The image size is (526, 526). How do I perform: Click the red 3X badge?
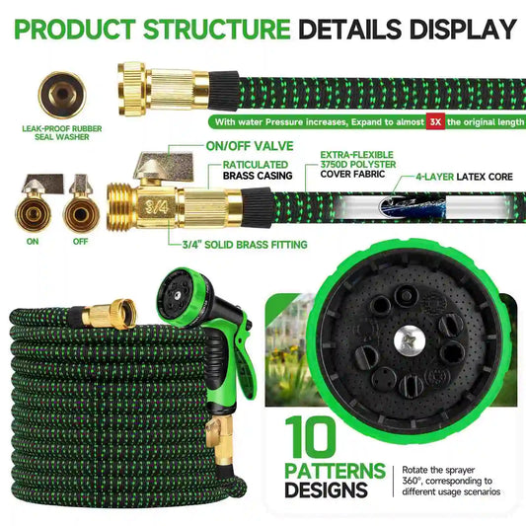[435, 121]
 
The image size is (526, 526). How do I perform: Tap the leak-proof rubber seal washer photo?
[62, 96]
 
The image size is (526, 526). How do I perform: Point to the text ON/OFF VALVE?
[250, 146]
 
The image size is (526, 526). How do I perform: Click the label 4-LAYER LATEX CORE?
[464, 177]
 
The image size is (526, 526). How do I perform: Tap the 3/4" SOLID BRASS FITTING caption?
[245, 245]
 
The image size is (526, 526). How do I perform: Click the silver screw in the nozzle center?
[410, 341]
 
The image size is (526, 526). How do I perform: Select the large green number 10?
[310, 437]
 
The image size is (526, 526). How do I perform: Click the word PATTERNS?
[336, 471]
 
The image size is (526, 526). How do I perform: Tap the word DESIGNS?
[326, 489]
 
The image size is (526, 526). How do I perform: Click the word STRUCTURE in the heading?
[217, 29]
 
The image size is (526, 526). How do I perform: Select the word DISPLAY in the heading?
[463, 29]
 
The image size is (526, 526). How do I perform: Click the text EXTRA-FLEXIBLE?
[356, 155]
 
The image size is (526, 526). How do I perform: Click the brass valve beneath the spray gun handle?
[220, 436]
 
